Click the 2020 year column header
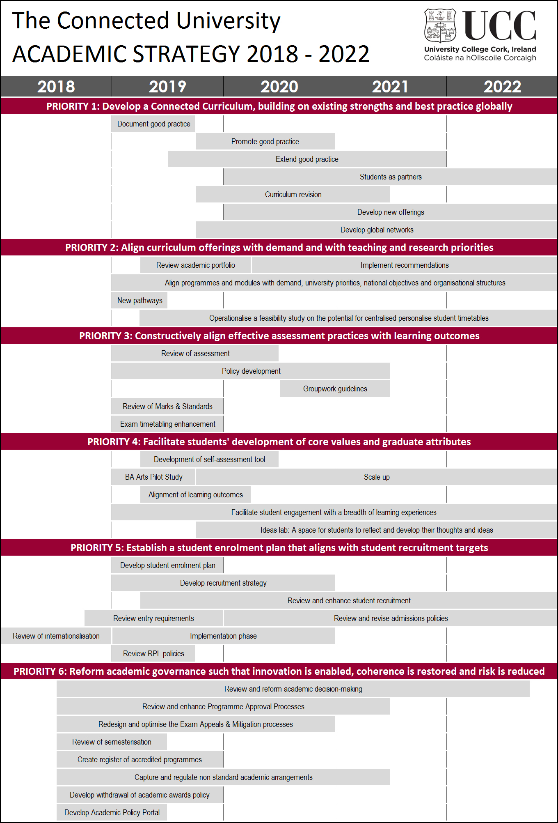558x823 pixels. (279, 87)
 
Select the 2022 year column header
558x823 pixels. (502, 87)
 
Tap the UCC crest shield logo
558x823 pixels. (440, 25)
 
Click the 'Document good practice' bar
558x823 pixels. (153, 124)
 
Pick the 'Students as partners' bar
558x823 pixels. (390, 177)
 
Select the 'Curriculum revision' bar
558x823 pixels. (293, 195)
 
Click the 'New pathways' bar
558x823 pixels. (139, 301)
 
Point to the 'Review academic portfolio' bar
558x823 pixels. (195, 265)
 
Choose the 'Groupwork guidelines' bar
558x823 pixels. (335, 389)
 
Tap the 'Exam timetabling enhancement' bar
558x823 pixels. (167, 424)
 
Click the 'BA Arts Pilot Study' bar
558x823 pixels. (153, 477)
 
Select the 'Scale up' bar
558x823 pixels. (376, 477)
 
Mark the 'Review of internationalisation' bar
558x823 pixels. (56, 636)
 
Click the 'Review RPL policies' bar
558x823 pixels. (153, 654)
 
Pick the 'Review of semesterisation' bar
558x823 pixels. (112, 742)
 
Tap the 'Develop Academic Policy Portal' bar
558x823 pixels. (112, 813)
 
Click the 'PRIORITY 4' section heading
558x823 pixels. (279, 442)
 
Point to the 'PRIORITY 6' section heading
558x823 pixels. (279, 671)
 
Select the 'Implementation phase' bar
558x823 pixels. (223, 636)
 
